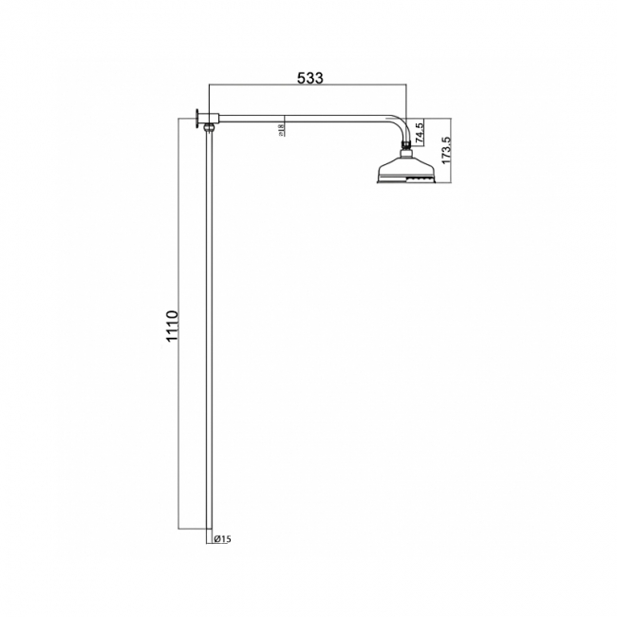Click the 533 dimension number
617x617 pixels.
[308, 78]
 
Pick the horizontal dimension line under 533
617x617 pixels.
[308, 88]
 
